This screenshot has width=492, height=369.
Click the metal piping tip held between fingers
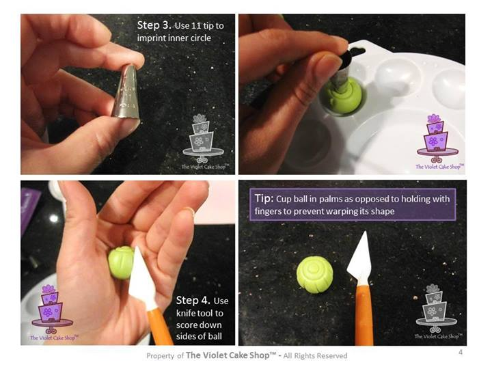126,92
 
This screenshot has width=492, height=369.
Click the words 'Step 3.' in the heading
154,25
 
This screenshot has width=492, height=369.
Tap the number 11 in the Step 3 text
195,26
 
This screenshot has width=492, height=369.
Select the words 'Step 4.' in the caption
193,300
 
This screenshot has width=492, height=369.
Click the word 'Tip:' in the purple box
264,199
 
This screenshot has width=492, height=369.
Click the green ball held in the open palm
121,262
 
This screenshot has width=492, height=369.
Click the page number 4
461,352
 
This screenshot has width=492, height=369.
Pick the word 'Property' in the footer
160,356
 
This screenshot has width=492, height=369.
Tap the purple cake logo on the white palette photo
439,142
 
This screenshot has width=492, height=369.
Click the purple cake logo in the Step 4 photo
53,313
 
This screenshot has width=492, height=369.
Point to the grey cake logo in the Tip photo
437,312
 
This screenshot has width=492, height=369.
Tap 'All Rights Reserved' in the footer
315,356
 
